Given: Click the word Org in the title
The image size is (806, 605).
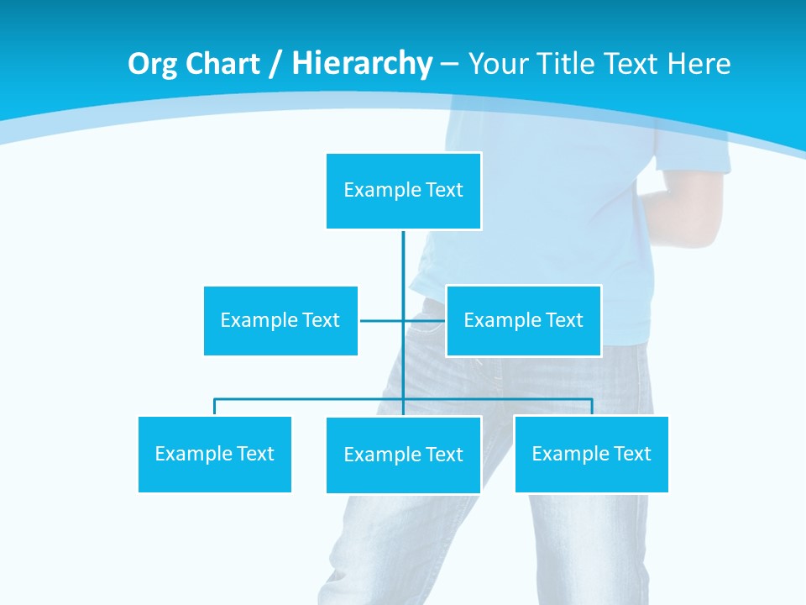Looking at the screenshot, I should click(x=153, y=64).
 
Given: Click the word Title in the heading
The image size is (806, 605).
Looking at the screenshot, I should click(x=572, y=64).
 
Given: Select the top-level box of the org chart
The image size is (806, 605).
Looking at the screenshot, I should click(x=403, y=191).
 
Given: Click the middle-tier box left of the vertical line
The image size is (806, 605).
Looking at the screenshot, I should click(x=280, y=320).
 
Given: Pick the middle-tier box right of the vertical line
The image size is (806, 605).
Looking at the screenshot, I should click(x=523, y=320).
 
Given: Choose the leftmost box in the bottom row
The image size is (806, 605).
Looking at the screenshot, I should click(x=214, y=454).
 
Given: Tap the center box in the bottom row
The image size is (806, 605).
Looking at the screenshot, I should click(x=403, y=455).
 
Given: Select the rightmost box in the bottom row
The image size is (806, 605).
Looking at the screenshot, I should click(x=591, y=454).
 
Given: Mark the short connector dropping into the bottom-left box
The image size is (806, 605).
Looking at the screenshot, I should click(x=214, y=407).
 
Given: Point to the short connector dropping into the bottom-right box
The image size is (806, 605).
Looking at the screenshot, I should click(x=592, y=407).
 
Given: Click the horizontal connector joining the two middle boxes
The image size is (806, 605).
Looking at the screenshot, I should click(x=383, y=320).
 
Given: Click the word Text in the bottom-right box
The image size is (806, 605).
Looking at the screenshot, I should click(x=631, y=454).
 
